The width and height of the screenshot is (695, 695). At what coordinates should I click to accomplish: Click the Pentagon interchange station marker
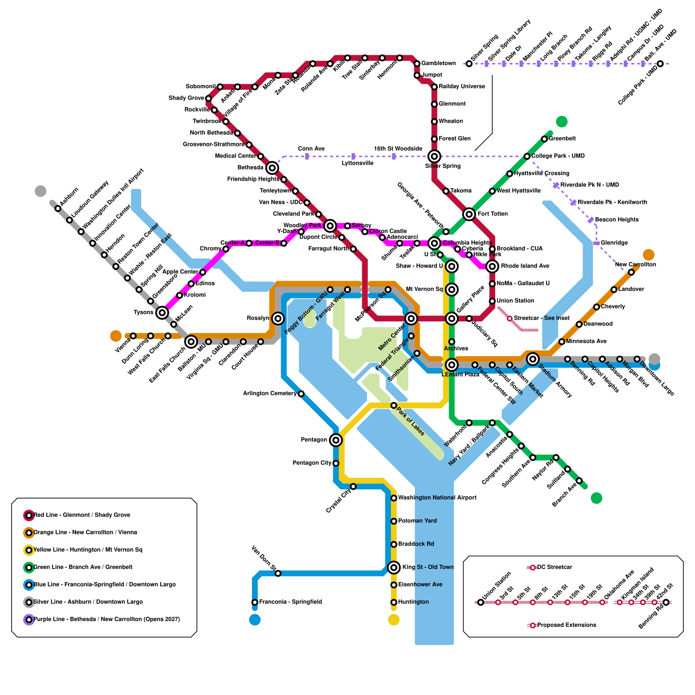point(336,440)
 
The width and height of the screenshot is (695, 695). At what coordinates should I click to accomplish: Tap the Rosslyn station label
point(258,318)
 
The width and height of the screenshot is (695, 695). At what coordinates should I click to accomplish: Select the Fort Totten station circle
point(469,214)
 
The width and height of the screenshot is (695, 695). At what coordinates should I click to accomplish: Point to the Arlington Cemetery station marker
point(301,394)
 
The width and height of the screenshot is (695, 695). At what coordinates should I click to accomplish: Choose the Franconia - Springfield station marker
point(255,602)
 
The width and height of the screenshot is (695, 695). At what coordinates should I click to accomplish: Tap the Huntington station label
point(413,602)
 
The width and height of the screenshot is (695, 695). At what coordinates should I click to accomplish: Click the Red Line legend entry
point(82,515)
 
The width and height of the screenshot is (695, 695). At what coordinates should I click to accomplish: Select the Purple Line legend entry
point(106,619)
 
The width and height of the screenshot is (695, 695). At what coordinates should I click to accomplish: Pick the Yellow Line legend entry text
point(88,549)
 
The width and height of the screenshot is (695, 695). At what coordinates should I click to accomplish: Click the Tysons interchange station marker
point(162,312)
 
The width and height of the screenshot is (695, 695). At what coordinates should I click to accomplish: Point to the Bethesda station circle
point(272,168)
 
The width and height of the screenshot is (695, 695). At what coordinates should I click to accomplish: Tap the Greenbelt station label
point(562,139)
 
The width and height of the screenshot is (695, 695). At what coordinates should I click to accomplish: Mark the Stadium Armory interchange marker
point(533,359)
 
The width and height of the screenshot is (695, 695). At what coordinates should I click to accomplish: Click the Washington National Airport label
point(437,497)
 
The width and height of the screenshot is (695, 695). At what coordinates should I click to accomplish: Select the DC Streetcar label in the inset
point(554,567)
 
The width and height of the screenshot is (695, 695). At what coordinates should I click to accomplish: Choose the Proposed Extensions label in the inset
point(566,625)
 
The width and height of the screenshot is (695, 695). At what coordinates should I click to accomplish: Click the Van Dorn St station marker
point(278,573)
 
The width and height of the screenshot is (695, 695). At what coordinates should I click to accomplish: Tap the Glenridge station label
point(614,243)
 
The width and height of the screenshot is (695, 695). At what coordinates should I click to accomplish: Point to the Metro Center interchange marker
point(411,318)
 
